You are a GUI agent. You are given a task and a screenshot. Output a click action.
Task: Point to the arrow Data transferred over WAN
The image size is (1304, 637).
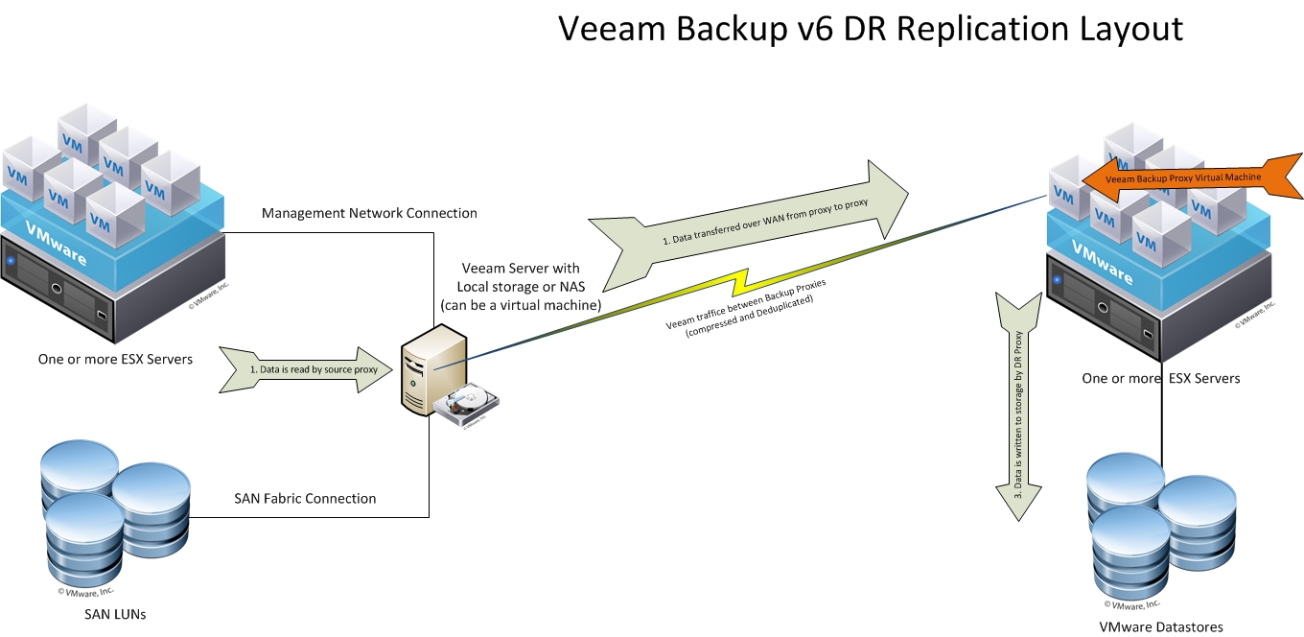click(x=748, y=225)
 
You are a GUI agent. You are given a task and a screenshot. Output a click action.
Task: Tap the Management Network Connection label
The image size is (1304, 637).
click(x=369, y=213)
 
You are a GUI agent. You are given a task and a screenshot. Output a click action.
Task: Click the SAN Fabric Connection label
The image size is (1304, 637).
click(x=305, y=498)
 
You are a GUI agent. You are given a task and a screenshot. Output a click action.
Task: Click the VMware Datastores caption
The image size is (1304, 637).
click(x=1161, y=626)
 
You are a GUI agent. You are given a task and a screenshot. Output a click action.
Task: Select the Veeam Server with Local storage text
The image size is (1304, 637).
click(x=520, y=286)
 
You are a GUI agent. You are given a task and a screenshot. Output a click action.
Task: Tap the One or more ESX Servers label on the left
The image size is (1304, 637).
click(x=114, y=359)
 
